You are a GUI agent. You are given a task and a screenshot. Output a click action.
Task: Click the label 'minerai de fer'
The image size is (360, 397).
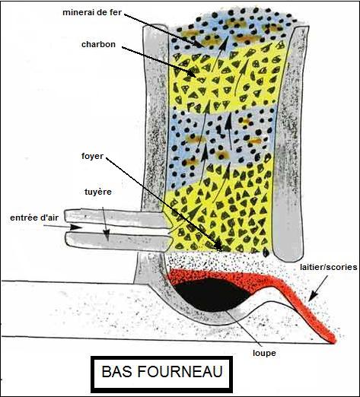[92, 12]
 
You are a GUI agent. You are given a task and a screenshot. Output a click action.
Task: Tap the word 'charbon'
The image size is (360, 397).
[98, 44]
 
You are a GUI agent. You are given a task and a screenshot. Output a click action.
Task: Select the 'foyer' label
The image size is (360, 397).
[92, 156]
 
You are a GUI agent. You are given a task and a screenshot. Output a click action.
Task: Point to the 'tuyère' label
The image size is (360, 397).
[98, 192]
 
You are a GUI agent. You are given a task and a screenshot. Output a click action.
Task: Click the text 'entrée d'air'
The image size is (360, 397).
[34, 218]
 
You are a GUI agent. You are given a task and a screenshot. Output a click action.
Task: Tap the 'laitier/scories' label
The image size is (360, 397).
[329, 267]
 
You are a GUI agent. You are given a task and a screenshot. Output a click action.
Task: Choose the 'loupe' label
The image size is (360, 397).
[264, 353]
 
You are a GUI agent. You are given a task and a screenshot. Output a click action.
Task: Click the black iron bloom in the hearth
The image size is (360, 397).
[212, 295]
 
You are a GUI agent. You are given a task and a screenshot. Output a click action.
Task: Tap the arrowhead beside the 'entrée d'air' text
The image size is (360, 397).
[75, 227]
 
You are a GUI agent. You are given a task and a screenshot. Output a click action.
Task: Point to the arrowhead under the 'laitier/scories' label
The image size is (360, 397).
[314, 296]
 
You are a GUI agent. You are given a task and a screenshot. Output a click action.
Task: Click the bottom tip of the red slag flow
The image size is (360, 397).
[333, 342]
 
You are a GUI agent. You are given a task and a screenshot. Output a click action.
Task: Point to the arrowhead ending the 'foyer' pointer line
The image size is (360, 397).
[218, 246]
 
